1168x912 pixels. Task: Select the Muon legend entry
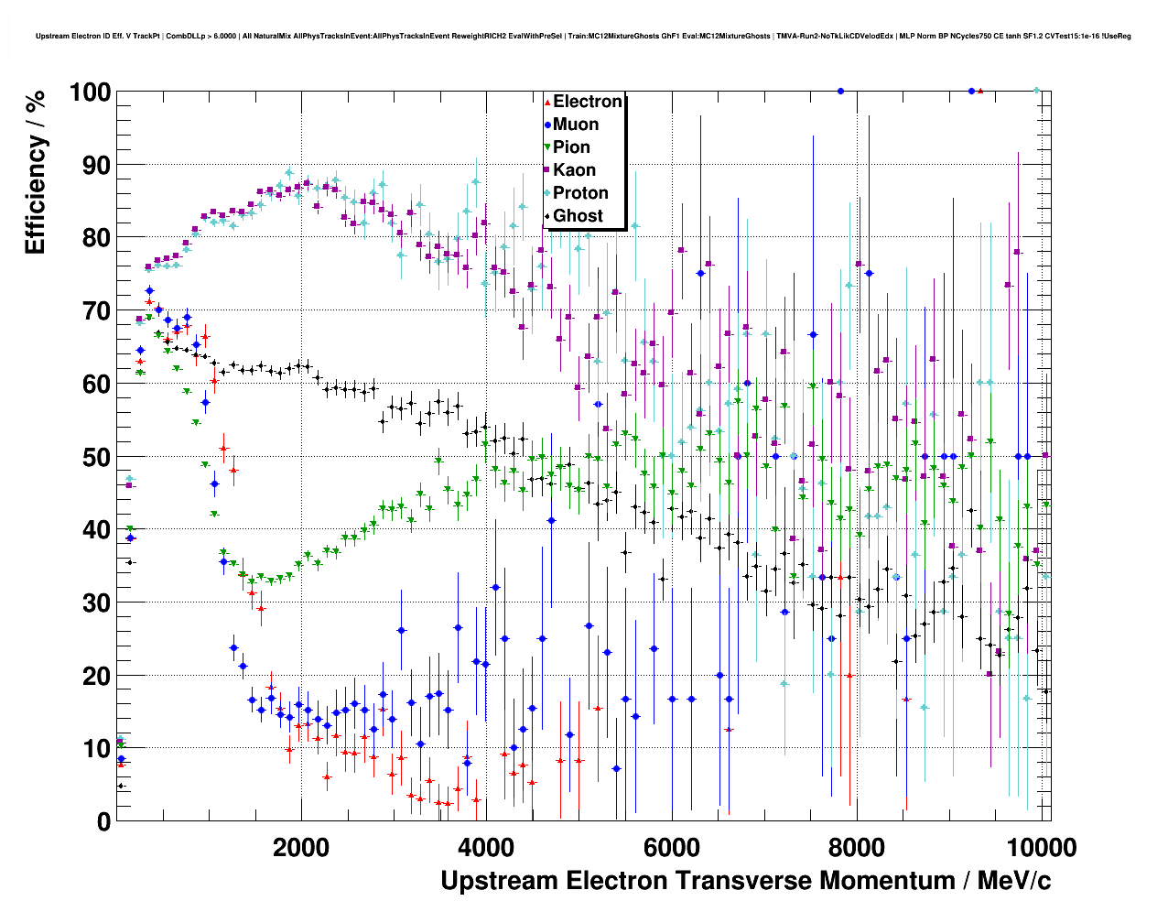(575, 125)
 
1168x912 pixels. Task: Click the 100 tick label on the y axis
(90, 92)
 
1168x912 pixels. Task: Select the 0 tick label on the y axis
(103, 821)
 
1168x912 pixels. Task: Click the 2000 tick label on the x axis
(300, 847)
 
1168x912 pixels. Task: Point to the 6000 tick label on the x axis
(671, 847)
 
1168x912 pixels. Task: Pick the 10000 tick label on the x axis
(1040, 847)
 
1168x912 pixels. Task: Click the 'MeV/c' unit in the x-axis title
(1013, 881)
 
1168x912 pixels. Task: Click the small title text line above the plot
(583, 37)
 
